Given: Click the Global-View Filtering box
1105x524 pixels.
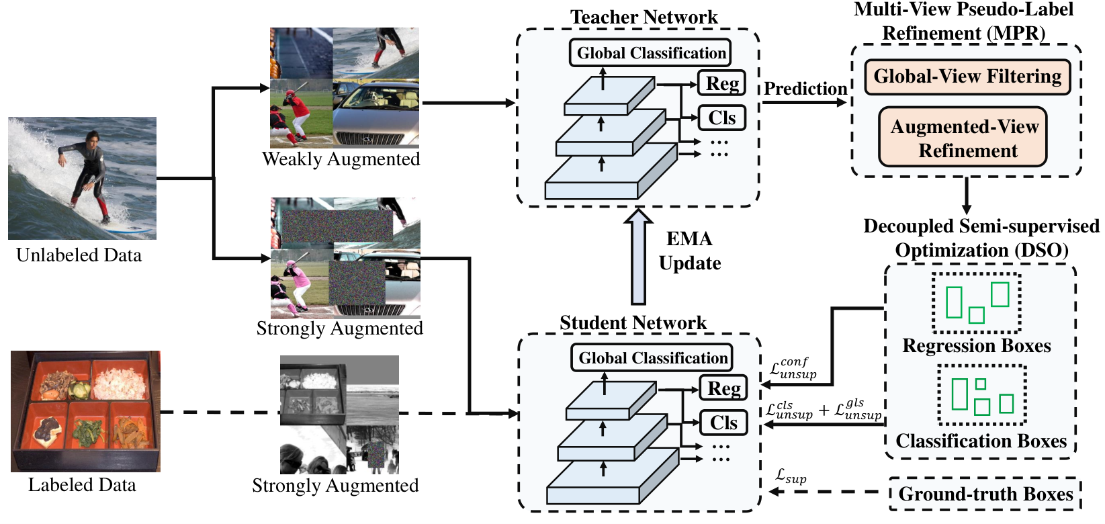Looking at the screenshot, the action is pyautogui.click(x=967, y=77).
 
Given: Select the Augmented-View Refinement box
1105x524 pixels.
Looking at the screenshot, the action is pyautogui.click(x=963, y=137).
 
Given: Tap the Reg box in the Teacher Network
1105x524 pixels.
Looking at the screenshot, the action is pyautogui.click(x=721, y=83).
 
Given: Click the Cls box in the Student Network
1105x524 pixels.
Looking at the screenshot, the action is pyautogui.click(x=723, y=423).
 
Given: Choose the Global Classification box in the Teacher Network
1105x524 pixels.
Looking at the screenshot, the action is pyautogui.click(x=650, y=53).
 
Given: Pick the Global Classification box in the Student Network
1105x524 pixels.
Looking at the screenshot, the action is pyautogui.click(x=652, y=357).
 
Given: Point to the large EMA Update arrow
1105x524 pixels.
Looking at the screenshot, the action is pyautogui.click(x=639, y=257).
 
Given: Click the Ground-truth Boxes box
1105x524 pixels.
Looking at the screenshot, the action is pyautogui.click(x=985, y=494).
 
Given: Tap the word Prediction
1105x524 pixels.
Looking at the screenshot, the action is pyautogui.click(x=805, y=89).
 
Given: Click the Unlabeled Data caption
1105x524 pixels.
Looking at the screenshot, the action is pyautogui.click(x=79, y=255).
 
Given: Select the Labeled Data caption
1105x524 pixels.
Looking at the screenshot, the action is pyautogui.click(x=82, y=485).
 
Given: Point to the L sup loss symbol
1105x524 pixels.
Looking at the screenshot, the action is pyautogui.click(x=791, y=476).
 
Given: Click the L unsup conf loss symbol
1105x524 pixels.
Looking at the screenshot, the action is pyautogui.click(x=793, y=368).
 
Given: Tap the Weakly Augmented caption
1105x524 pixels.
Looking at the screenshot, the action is pyautogui.click(x=341, y=159).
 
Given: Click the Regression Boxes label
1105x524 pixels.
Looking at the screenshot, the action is pyautogui.click(x=976, y=345).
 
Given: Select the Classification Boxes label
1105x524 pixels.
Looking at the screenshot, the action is pyautogui.click(x=981, y=441).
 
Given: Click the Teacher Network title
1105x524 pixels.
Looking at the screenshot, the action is pyautogui.click(x=644, y=17).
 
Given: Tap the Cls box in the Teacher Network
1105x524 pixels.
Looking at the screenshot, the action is pyautogui.click(x=721, y=118).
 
